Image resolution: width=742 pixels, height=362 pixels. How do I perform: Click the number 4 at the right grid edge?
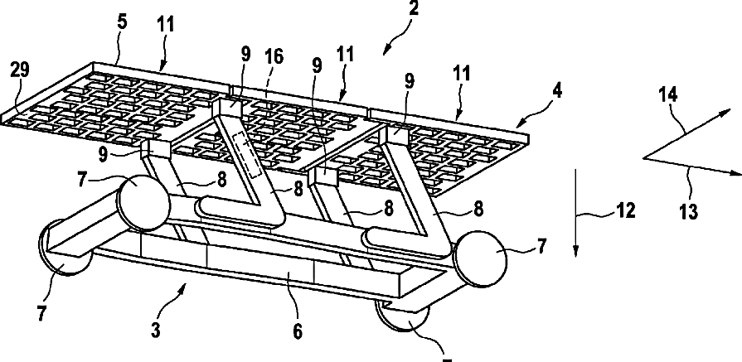(x=558, y=91)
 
